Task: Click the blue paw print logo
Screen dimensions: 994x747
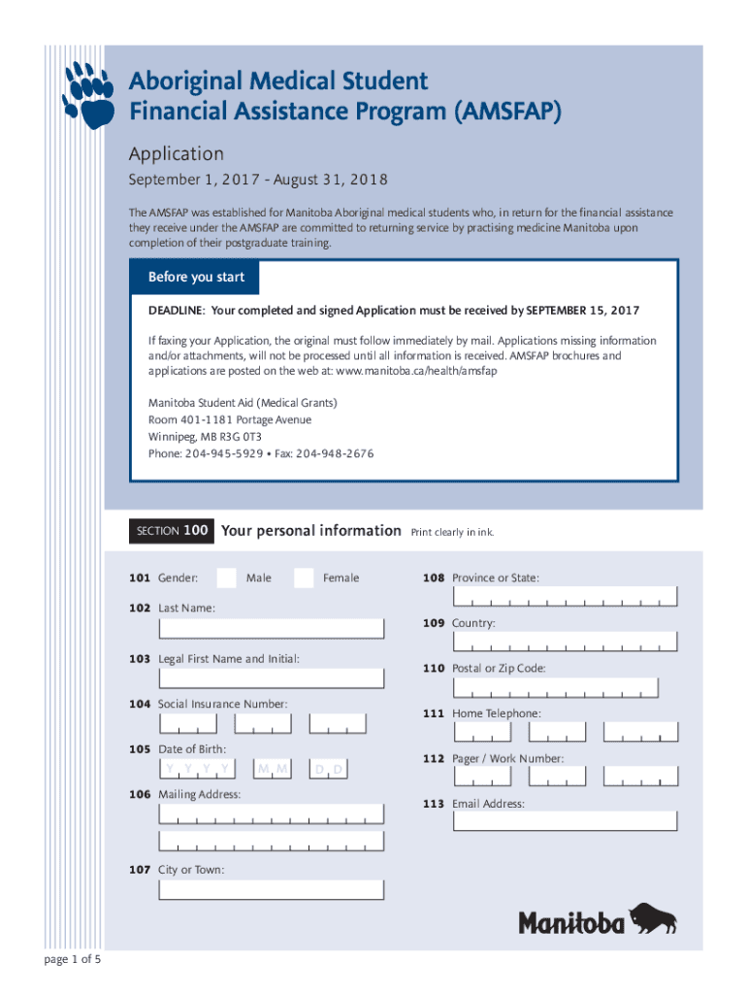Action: pos(91,94)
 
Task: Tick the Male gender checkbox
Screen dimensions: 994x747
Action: pos(226,578)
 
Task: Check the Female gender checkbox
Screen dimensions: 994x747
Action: pos(304,578)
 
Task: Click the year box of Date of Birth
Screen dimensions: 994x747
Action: pos(198,769)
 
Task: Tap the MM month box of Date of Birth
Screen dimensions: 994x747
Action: pos(273,769)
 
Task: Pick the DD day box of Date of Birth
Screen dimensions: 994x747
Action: pos(329,769)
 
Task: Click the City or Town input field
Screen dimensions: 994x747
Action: pos(274,889)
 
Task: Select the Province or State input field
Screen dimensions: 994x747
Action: pos(565,597)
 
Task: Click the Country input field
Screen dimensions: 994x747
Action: pos(565,643)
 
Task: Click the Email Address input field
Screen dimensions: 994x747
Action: pos(565,821)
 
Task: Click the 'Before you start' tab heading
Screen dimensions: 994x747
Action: pos(196,278)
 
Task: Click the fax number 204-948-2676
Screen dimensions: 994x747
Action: pos(334,454)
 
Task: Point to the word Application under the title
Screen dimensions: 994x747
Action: pos(177,153)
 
